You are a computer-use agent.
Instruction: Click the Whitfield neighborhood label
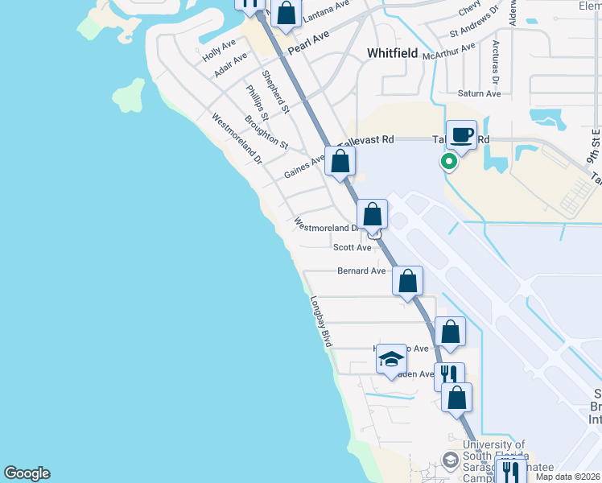[392, 53]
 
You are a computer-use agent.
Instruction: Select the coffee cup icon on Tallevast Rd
[460, 135]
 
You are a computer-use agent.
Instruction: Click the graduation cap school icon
[391, 358]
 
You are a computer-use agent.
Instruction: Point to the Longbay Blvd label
[321, 321]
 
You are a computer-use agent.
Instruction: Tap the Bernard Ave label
[361, 271]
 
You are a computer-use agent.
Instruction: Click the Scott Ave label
[353, 248]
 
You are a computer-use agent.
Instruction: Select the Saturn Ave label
[479, 93]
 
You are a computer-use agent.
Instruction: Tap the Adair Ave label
[231, 66]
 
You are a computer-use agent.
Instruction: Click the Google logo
[27, 473]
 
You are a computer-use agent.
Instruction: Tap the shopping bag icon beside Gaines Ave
[340, 160]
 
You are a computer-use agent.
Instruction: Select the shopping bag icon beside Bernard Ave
[408, 282]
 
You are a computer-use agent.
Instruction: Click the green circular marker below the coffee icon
[449, 162]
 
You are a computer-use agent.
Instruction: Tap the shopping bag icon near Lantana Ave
[286, 14]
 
